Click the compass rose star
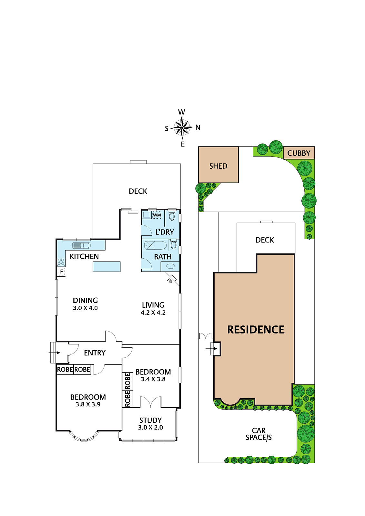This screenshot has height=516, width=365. pyautogui.click(x=182, y=127)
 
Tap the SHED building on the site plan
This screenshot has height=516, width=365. pyautogui.click(x=218, y=165)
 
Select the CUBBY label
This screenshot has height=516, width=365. pyautogui.click(x=299, y=153)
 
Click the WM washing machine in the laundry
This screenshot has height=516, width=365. pyautogui.click(x=157, y=215)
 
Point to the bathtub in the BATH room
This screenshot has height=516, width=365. pyautogui.click(x=155, y=246)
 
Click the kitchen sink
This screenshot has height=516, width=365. pyautogui.click(x=81, y=245)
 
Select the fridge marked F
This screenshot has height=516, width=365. pyautogui.click(x=61, y=272)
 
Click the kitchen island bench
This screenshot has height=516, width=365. pyautogui.click(x=106, y=267)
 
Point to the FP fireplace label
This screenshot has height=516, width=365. pyautogui.click(x=169, y=281)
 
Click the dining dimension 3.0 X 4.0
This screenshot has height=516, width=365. pyautogui.click(x=85, y=308)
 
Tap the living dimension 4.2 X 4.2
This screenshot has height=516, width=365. pyautogui.click(x=153, y=313)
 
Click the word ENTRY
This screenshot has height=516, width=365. pyautogui.click(x=95, y=353)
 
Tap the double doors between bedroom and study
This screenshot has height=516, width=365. pyautogui.click(x=150, y=402)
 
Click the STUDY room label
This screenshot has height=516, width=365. pyautogui.click(x=150, y=420)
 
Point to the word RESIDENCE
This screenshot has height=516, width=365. pyautogui.click(x=256, y=329)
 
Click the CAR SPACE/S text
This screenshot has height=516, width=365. pyautogui.click(x=259, y=434)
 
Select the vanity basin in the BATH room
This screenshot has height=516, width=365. pyautogui.click(x=170, y=266)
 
